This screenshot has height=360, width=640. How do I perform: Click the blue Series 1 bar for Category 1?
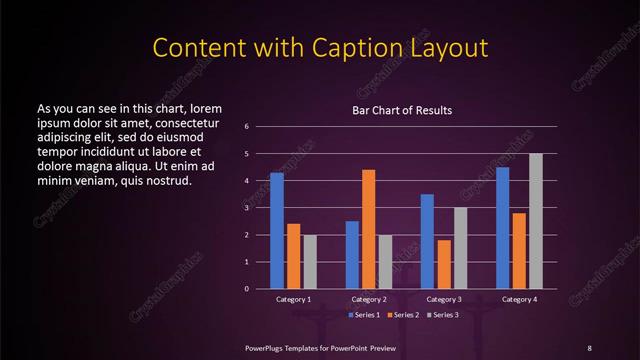click(x=277, y=231)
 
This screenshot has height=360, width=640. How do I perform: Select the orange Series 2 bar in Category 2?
click(x=369, y=229)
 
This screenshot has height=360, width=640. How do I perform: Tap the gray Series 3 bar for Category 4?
click(x=536, y=221)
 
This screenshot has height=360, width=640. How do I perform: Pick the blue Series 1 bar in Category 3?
click(x=427, y=241)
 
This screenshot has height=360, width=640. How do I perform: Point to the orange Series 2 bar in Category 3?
click(x=444, y=264)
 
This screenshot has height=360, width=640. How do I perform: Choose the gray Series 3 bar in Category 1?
click(x=310, y=262)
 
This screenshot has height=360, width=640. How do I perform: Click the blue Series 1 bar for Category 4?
click(x=503, y=228)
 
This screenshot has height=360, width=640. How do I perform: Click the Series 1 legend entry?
click(x=366, y=315)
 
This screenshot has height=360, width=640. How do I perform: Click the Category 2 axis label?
click(x=369, y=300)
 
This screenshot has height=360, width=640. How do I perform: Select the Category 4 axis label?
click(x=519, y=300)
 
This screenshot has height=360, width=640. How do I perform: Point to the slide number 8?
click(x=589, y=347)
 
